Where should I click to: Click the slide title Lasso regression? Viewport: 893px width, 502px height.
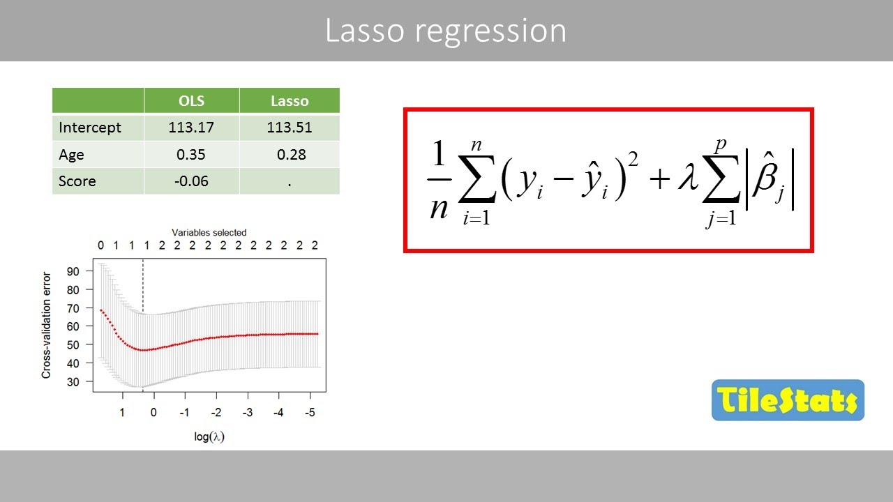[446, 31]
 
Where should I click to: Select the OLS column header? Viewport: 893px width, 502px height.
[191, 100]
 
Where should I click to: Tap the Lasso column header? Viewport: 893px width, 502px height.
[290, 100]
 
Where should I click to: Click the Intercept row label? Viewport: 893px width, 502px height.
[90, 128]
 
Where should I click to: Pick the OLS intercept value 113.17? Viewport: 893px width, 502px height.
[191, 128]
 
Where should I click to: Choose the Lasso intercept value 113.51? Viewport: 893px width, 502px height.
[290, 128]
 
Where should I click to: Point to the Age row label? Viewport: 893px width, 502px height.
[71, 154]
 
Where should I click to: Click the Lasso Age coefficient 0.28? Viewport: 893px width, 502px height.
[291, 154]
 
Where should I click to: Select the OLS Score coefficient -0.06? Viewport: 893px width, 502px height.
[191, 181]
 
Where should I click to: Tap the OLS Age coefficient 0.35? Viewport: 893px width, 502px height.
[191, 154]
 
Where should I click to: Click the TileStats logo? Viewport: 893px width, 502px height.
[788, 400]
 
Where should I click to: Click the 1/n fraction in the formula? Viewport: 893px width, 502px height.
[438, 181]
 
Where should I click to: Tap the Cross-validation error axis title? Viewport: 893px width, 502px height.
[47, 326]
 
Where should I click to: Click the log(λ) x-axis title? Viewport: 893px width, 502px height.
[209, 437]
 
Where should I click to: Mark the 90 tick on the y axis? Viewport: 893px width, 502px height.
[73, 271]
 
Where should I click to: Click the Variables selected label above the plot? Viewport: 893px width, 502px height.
[209, 232]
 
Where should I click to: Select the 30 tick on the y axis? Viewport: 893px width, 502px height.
[73, 381]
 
